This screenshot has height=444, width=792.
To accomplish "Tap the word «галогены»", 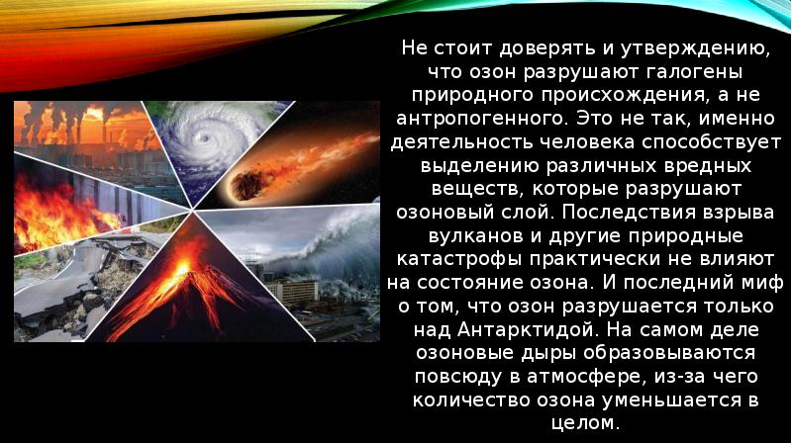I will pyautogui.click(x=704, y=72).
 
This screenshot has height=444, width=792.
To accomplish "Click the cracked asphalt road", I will pyautogui.click(x=59, y=287).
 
